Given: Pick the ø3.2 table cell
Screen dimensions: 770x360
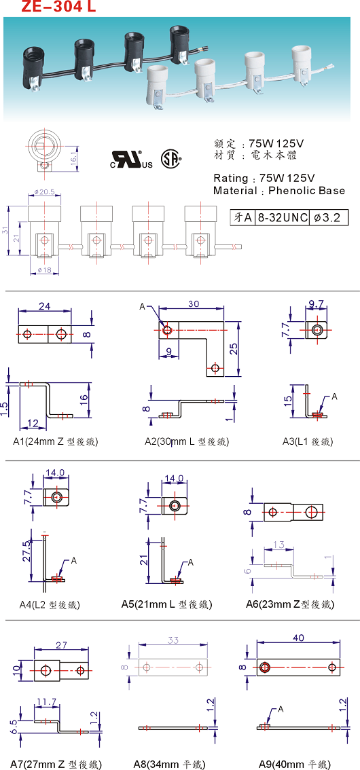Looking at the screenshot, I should tap(329, 217).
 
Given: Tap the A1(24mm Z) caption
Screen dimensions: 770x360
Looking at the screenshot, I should tap(56, 441).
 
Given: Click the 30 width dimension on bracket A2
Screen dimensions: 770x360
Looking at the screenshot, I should tap(194, 304).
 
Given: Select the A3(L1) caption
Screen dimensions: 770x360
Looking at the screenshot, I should tap(308, 441).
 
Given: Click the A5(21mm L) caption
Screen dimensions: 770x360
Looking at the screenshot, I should tap(166, 604).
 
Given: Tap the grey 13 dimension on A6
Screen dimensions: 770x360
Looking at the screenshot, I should tap(278, 545).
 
